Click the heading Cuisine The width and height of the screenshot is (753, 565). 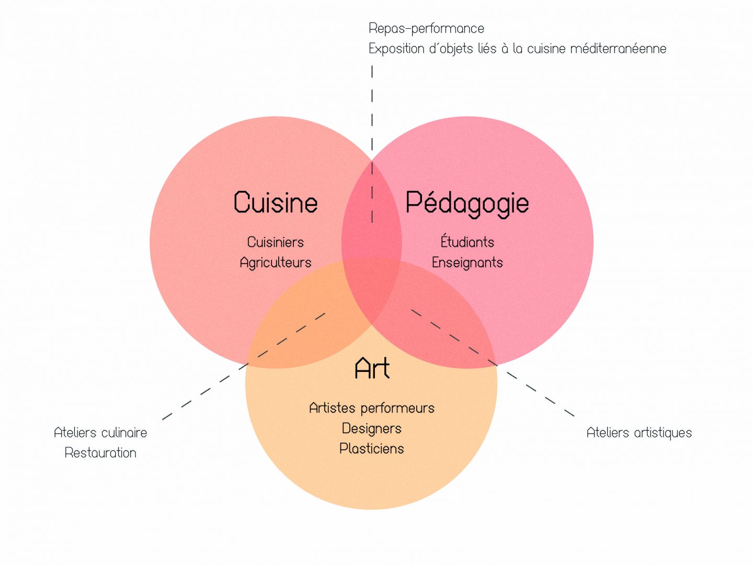(x=276, y=202)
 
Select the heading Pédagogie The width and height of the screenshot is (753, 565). (x=467, y=204)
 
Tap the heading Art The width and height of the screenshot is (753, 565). (x=372, y=368)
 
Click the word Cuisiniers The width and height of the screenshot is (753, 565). (x=275, y=242)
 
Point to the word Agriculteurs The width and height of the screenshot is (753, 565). (x=275, y=263)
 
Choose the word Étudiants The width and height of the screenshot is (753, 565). (x=467, y=242)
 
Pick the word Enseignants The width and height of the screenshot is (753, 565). (x=467, y=263)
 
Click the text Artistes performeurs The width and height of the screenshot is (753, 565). (x=371, y=408)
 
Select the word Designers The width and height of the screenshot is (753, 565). (x=371, y=428)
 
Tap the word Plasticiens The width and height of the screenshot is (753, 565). (x=371, y=448)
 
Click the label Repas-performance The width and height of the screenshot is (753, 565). (x=426, y=28)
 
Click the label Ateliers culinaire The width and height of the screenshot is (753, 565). (x=100, y=433)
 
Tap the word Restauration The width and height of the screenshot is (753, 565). (x=100, y=453)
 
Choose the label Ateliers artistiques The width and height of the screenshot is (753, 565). (x=639, y=433)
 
